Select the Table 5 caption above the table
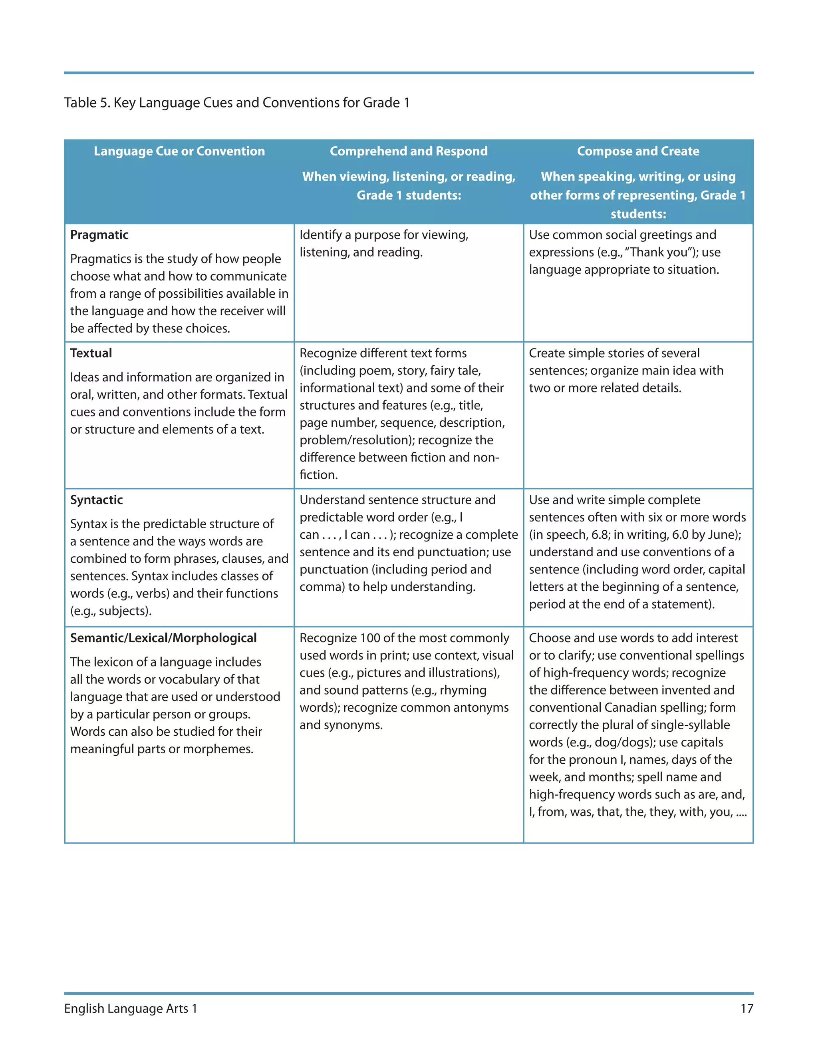coord(236,103)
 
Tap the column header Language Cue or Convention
coord(179,151)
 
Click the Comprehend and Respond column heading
coord(409,151)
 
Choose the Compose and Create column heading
coord(638,151)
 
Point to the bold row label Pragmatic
coord(99,235)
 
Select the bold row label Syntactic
coord(96,500)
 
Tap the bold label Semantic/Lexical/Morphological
coord(163,638)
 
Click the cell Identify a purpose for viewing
coord(384,235)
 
